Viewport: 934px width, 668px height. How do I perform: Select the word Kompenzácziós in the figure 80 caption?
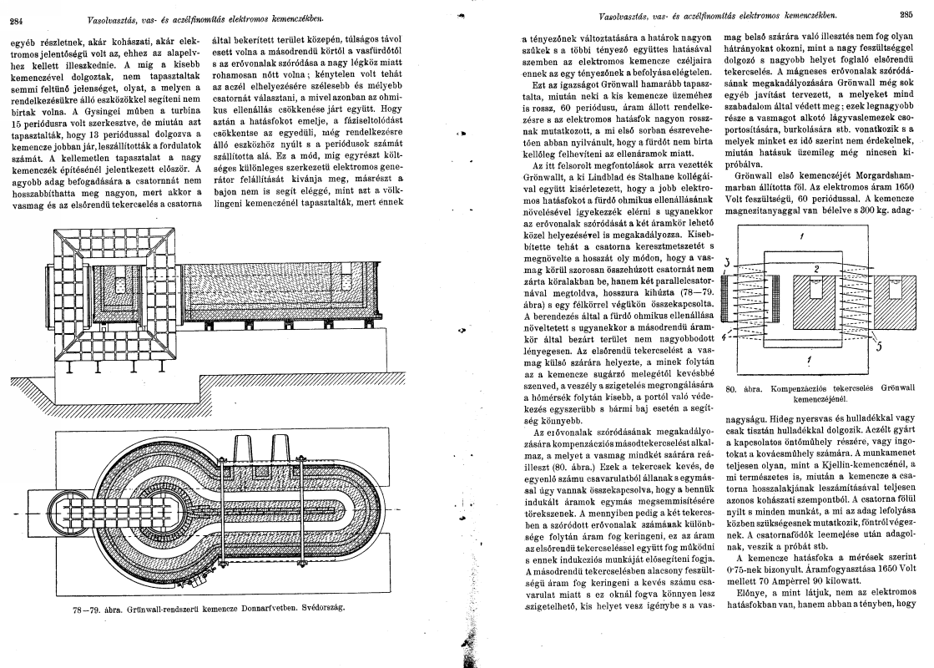pos(795,388)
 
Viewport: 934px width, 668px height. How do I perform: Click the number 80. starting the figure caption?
pos(735,388)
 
